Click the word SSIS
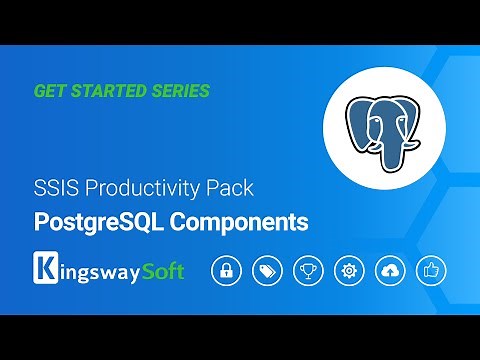[55, 187]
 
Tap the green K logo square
[45, 271]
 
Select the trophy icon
[307, 271]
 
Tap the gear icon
[349, 271]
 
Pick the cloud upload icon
[390, 271]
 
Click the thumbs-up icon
[432, 271]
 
